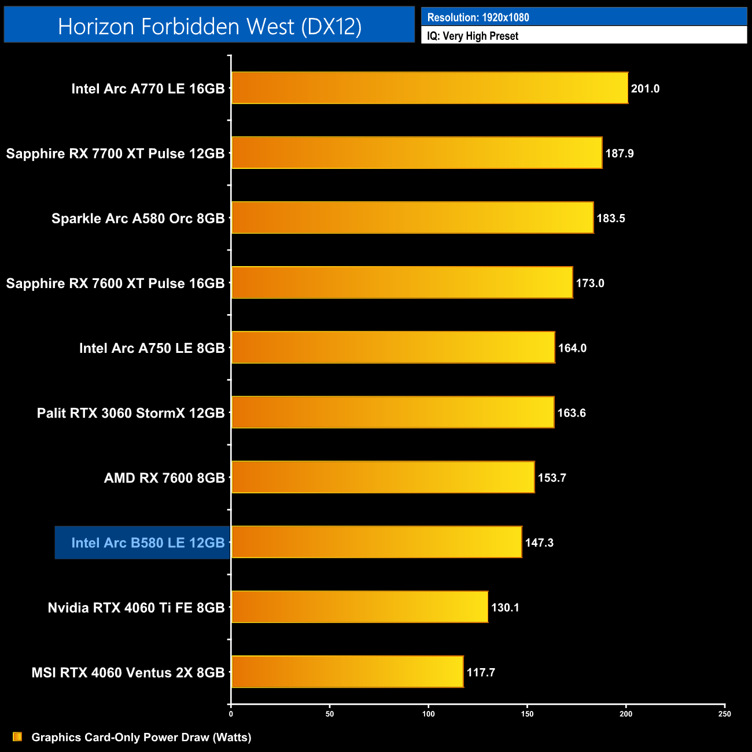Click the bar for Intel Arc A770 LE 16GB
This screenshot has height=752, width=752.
coord(430,88)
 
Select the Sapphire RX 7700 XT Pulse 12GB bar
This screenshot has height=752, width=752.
coord(416,153)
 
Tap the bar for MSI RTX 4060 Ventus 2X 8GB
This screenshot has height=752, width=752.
coord(347,672)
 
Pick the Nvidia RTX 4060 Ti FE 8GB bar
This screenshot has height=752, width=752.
coord(359,607)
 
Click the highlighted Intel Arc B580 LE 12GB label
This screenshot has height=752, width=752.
coord(148,543)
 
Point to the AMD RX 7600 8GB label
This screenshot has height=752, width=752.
coord(164,478)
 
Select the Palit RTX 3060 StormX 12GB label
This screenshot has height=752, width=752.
coord(131,413)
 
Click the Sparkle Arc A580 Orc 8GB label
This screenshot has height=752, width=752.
coord(138,219)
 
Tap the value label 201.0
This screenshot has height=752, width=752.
coord(645,89)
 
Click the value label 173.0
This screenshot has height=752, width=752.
coord(590,283)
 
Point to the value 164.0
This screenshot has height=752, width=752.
coord(572,348)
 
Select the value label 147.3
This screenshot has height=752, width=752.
coord(539,543)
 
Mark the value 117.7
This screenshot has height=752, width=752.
coord(481,672)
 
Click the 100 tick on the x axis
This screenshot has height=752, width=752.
coord(429,714)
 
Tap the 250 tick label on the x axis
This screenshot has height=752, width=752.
coord(724,714)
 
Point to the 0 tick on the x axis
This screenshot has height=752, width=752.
coord(231,714)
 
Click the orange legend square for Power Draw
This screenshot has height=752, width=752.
coord(17,736)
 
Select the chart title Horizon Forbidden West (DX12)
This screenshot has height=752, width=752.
coord(209,26)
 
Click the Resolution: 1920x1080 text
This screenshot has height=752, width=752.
coord(478,17)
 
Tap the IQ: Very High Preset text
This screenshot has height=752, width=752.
coord(473,36)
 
